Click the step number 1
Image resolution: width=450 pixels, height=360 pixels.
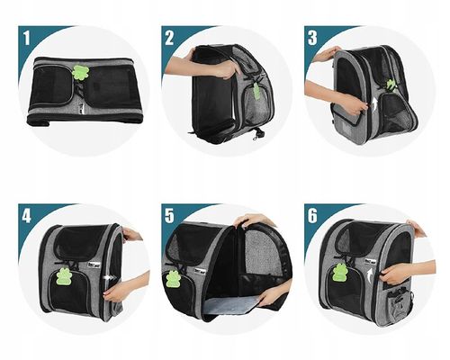[27, 39]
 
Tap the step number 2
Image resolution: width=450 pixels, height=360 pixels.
[169, 38]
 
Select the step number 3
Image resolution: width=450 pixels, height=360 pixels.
[312, 38]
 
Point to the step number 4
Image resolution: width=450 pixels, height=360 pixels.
[26, 216]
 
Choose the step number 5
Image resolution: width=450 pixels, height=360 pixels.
[169, 216]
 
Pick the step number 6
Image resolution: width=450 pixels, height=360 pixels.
[312, 216]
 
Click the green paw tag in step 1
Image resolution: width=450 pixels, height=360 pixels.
[80, 73]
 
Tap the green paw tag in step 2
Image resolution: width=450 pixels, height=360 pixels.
[256, 91]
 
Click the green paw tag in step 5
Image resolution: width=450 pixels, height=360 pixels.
[172, 279]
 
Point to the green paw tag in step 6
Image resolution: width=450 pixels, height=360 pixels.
[339, 273]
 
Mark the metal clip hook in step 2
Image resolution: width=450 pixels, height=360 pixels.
[256, 134]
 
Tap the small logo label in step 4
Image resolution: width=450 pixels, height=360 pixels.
[91, 265]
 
